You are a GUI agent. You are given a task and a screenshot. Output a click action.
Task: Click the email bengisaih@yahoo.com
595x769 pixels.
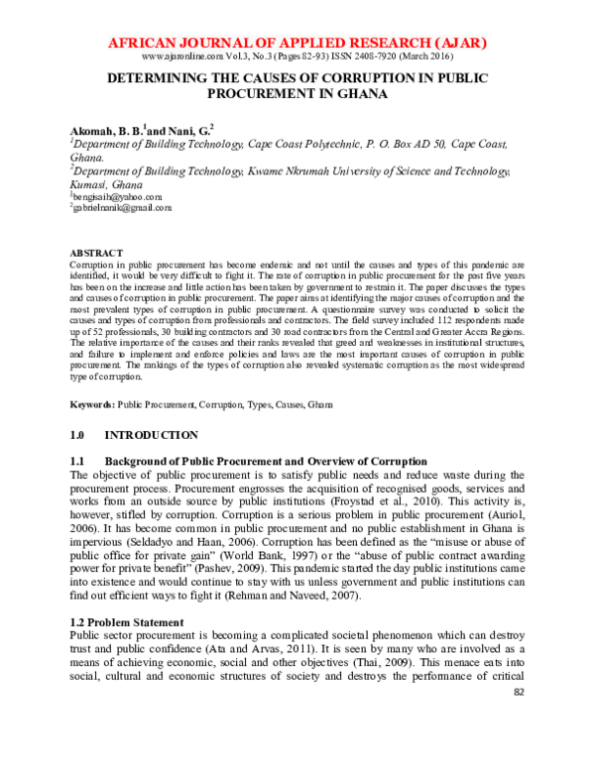[117, 197]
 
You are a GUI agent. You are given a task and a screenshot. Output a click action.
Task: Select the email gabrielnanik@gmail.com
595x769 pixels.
[122, 208]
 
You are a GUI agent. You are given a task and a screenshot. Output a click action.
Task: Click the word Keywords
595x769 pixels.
[91, 405]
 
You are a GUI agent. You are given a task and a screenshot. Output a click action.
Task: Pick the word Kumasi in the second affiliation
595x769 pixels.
[90, 184]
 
